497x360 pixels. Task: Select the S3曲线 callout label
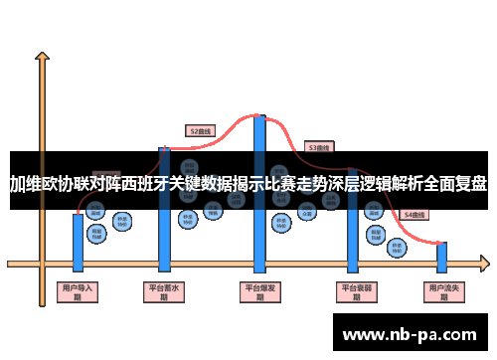pos(318,146)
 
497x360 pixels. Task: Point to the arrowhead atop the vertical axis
pos(43,58)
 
